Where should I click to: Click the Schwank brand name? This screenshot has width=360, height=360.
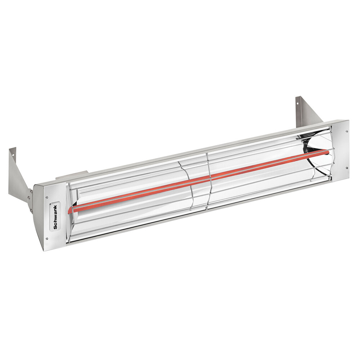point(55,217)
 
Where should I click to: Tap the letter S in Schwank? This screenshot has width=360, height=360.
point(55,227)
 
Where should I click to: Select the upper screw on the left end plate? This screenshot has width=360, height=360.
point(47,197)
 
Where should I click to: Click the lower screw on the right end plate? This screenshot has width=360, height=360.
point(347,167)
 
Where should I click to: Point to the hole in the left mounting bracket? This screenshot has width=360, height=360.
point(13,155)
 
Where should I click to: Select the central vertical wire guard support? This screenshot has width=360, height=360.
point(208,180)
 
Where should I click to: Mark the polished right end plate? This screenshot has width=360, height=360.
point(340,149)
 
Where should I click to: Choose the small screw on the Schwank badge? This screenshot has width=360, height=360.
point(55,206)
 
